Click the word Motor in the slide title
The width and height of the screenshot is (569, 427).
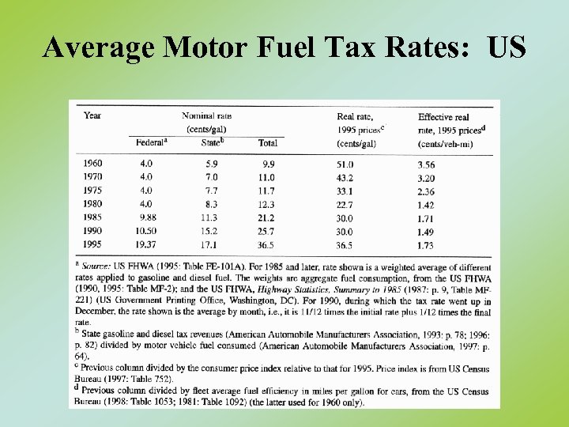[x=205, y=49]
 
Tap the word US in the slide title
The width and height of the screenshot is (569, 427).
[x=507, y=49]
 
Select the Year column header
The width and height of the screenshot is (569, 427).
[x=92, y=115]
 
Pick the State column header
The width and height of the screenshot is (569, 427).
[x=210, y=143]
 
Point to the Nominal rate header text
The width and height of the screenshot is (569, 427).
[x=206, y=116]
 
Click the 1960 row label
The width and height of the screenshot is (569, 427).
[x=92, y=164]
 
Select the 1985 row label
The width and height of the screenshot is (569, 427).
[x=92, y=217]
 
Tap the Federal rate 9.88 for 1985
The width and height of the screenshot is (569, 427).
[x=146, y=217]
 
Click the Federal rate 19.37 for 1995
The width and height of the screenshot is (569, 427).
[x=146, y=245]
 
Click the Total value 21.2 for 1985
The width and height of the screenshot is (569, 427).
[x=266, y=217]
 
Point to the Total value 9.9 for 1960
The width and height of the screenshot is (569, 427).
[x=268, y=164]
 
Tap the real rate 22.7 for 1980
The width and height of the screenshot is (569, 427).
[x=346, y=204]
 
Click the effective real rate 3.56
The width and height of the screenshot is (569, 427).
[x=426, y=164]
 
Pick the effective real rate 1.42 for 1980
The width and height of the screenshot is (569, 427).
[x=426, y=204]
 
